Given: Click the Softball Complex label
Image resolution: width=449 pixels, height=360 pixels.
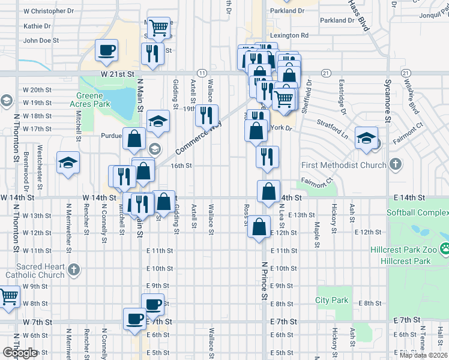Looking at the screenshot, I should click(x=417, y=212).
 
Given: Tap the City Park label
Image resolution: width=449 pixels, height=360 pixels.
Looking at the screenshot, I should click(x=332, y=300).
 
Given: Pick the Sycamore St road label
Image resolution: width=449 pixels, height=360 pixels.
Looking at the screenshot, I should click(x=388, y=100).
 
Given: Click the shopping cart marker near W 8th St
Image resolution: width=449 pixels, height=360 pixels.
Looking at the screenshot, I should click(x=8, y=296).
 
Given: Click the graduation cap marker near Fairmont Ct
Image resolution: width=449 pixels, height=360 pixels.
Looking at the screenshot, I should click(x=366, y=138).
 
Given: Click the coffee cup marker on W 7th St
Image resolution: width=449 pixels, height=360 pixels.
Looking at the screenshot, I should click(x=134, y=318).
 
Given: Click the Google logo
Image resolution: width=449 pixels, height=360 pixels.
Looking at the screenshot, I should click(x=20, y=353).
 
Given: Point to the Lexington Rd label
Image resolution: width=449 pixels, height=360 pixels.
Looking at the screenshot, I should click(x=289, y=36).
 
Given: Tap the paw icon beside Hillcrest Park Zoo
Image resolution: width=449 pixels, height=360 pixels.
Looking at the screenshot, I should click(x=445, y=248).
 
